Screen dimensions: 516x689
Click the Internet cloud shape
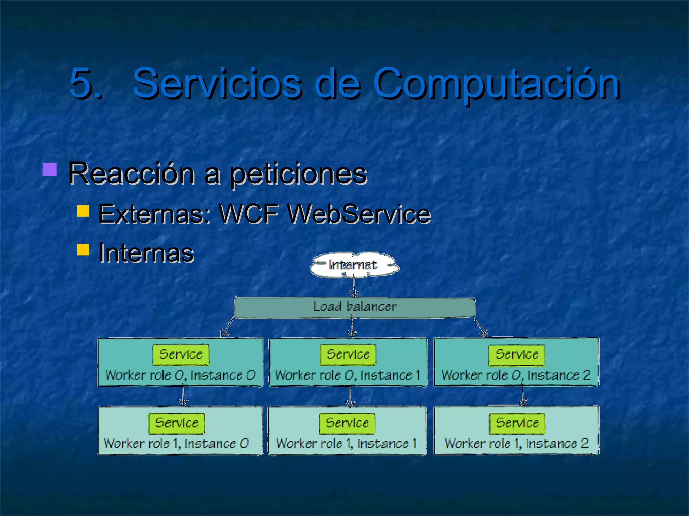pyautogui.click(x=354, y=265)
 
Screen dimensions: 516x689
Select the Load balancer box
pyautogui.click(x=355, y=307)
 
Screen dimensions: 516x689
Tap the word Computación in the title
pyautogui.click(x=497, y=83)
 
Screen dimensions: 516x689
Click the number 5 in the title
pyautogui.click(x=82, y=83)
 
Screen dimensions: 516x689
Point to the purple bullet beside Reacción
pyautogui.click(x=49, y=170)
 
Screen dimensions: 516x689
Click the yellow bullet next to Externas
pyautogui.click(x=83, y=211)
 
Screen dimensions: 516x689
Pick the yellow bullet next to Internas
pyautogui.click(x=83, y=250)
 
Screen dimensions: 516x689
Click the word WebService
pyautogui.click(x=359, y=214)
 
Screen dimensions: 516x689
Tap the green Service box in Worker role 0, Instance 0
pyautogui.click(x=181, y=355)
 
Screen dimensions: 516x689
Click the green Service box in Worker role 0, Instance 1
pyautogui.click(x=348, y=355)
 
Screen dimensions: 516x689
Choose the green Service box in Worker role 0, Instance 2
pyautogui.click(x=516, y=355)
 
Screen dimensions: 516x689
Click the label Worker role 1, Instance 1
pyautogui.click(x=347, y=444)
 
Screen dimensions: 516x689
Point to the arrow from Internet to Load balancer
pyautogui.click(x=354, y=287)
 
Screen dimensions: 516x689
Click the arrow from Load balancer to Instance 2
pyautogui.click(x=480, y=328)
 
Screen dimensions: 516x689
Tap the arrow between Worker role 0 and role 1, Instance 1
pyautogui.click(x=350, y=397)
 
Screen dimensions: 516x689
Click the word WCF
pyautogui.click(x=249, y=214)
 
